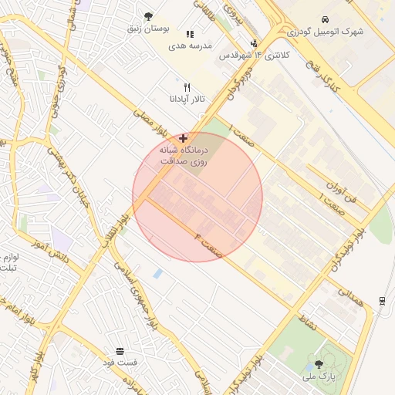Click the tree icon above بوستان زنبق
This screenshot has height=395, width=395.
148,15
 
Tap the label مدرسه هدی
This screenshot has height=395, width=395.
191,46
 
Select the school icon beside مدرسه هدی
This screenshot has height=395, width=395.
191,34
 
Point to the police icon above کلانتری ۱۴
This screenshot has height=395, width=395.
255,43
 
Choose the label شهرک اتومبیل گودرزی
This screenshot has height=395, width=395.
325,32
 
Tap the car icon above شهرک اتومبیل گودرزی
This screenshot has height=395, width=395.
326,19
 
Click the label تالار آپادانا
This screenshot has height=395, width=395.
186,100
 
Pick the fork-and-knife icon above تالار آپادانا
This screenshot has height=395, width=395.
187,87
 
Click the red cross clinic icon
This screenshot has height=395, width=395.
183,137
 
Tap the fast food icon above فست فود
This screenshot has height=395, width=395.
120,351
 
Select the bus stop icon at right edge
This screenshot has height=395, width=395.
383,300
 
